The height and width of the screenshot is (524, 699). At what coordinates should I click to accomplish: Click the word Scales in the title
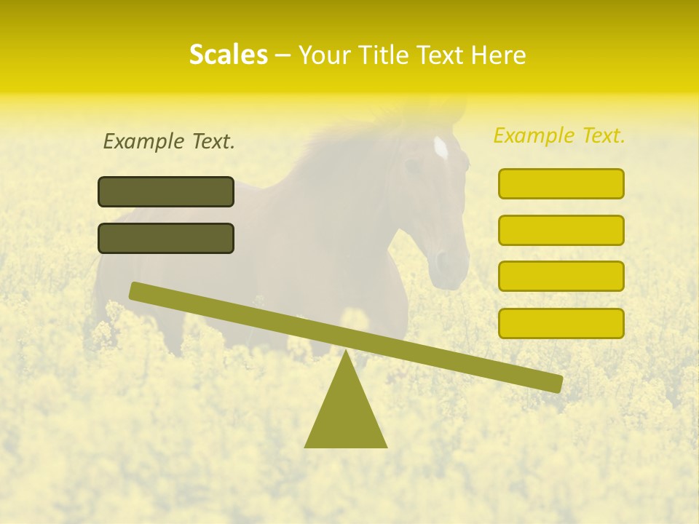(228, 55)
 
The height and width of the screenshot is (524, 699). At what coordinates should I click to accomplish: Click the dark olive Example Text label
(169, 141)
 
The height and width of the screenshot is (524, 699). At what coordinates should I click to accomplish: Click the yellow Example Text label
(559, 135)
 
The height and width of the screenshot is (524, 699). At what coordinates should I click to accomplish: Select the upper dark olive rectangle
(166, 191)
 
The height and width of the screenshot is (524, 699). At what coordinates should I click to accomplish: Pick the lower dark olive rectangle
(166, 238)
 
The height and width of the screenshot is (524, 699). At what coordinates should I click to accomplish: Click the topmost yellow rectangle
(561, 183)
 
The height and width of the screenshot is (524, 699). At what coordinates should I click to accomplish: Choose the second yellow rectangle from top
(561, 230)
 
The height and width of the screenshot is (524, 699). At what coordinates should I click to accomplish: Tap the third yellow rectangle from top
(561, 276)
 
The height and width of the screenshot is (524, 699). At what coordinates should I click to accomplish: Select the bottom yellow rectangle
(561, 323)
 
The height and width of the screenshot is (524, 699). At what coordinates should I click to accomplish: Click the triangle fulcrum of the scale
(346, 411)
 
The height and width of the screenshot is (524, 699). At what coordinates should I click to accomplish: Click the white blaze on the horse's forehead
(441, 148)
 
